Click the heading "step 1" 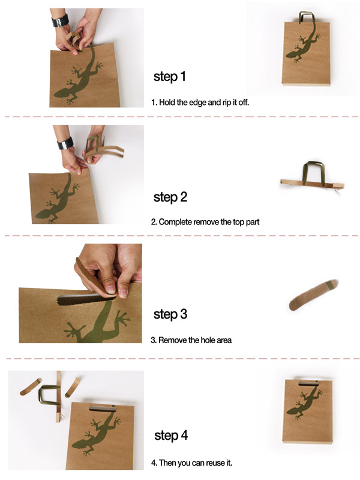[x=170, y=77]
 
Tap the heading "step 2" [x=170, y=197]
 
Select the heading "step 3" [x=170, y=314]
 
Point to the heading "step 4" [x=171, y=436]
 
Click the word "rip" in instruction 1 [x=227, y=103]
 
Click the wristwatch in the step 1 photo [x=60, y=20]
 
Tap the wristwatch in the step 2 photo [x=65, y=143]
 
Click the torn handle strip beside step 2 [x=312, y=178]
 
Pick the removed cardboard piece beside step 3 [x=313, y=295]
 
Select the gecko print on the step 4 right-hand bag [x=304, y=401]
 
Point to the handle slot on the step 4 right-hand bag [x=308, y=383]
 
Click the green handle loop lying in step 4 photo [x=49, y=395]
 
